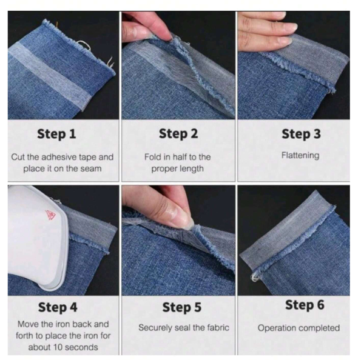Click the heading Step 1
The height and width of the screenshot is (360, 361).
coord(56,134)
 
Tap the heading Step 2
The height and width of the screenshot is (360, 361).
coord(178,134)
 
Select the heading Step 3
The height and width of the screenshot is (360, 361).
coord(301,134)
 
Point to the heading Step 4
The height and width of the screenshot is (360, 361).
coord(58,307)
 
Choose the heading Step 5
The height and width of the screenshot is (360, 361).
coord(181,307)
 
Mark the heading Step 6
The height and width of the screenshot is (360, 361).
coord(305,305)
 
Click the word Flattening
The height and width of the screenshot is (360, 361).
coord(300,156)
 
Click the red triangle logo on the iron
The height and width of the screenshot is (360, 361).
coord(50,215)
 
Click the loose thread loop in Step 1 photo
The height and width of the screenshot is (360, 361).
coord(84,45)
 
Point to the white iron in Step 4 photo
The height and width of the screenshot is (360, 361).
coord(37,237)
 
